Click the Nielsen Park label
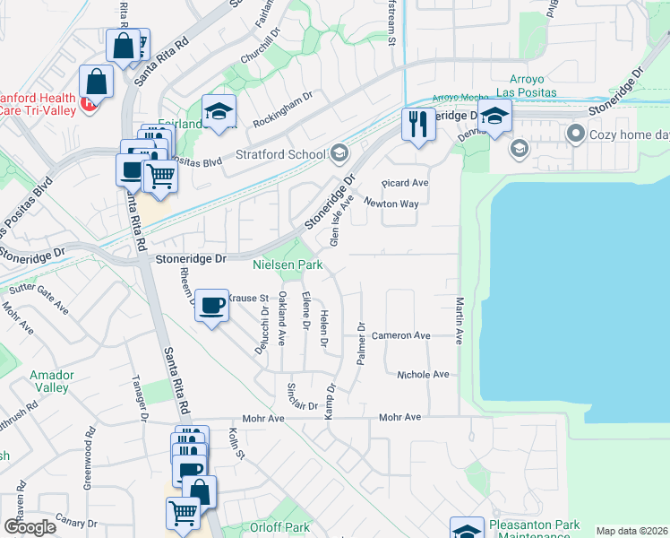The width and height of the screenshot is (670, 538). [x=288, y=265]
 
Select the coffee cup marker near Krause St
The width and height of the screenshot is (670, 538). [x=211, y=305]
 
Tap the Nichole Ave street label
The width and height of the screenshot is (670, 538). [x=423, y=375]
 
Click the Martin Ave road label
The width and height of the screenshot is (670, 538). [x=459, y=322]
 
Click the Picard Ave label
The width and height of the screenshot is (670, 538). [x=405, y=183]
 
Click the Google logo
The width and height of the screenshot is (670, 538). [x=30, y=527]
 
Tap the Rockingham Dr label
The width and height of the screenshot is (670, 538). [x=281, y=104]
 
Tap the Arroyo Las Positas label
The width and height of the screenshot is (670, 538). [x=533, y=85]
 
